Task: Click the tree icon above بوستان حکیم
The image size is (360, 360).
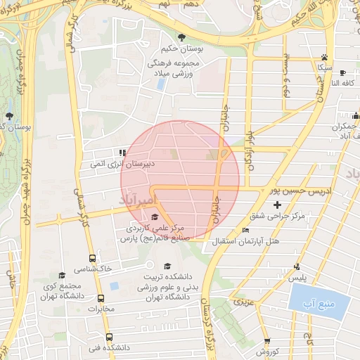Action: (x=182, y=37)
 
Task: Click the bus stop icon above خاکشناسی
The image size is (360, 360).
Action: (x=92, y=258)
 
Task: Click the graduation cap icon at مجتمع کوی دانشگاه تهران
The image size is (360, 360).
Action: (x=61, y=275)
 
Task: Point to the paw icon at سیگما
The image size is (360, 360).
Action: (x=324, y=57)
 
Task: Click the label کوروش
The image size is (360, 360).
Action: (x=268, y=351)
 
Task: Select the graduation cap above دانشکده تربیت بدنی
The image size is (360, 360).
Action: (x=167, y=266)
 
